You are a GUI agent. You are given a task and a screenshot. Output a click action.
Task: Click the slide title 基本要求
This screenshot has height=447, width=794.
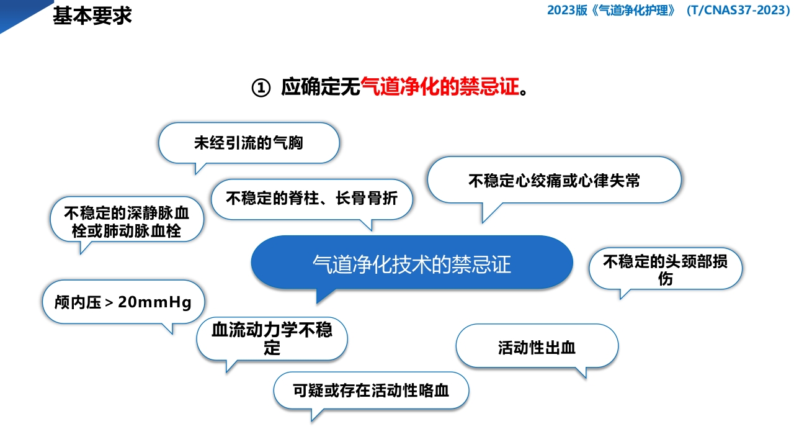point(92,16)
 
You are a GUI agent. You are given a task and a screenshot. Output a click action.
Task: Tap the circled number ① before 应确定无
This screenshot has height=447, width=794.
point(261,88)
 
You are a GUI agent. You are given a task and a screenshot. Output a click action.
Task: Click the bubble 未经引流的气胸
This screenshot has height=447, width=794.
point(249,143)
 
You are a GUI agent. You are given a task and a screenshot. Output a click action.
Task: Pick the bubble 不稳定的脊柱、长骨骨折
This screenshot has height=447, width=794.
point(311,199)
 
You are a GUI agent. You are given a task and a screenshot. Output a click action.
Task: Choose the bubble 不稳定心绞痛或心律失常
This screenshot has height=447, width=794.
point(555,181)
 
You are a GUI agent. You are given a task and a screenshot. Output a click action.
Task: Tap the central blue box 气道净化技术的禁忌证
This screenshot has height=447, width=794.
point(412,263)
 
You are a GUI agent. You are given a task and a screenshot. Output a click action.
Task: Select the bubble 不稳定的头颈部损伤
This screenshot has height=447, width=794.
point(665,269)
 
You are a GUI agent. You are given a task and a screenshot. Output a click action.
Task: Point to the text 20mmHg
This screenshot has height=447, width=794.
point(154,302)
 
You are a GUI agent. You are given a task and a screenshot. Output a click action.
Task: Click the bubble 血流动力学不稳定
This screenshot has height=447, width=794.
point(272,338)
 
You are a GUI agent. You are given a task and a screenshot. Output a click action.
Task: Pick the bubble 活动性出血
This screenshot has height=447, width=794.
point(537,347)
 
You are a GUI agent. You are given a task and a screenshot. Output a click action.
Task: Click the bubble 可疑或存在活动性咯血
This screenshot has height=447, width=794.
point(371,391)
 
